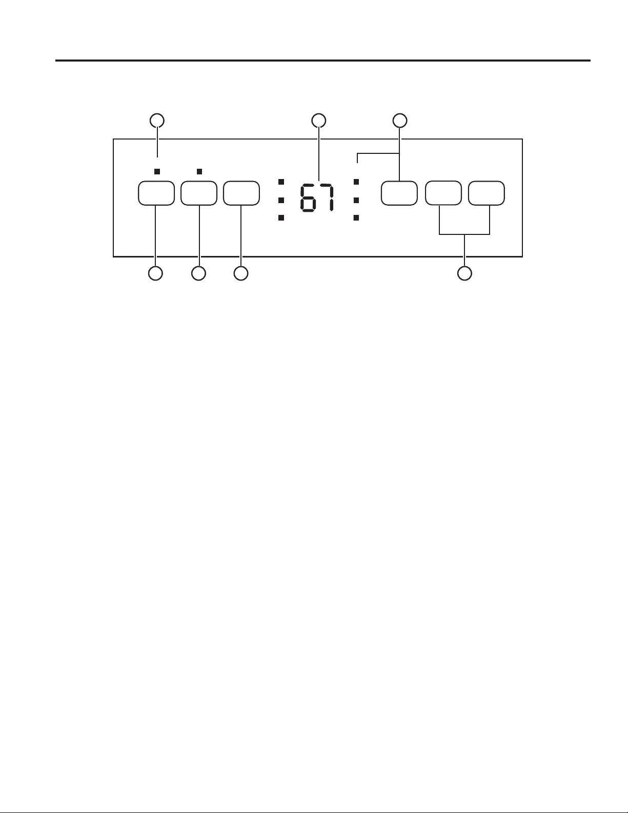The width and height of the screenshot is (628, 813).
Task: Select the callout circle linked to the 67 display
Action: click(x=319, y=121)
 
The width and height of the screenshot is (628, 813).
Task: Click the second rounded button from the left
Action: click(x=199, y=193)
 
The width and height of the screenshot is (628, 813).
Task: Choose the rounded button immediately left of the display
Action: click(x=241, y=193)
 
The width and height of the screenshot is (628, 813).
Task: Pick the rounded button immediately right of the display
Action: click(x=399, y=193)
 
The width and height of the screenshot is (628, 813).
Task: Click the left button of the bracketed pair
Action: click(x=443, y=193)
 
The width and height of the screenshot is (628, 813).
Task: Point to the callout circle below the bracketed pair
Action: click(x=464, y=273)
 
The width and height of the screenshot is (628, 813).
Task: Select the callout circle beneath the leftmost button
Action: click(x=155, y=273)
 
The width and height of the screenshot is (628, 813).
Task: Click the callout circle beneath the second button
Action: click(x=198, y=273)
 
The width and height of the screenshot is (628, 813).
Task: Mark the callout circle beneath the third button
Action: click(x=240, y=273)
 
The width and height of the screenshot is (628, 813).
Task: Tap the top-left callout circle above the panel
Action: click(x=157, y=121)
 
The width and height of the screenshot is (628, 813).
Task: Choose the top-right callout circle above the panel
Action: click(x=400, y=121)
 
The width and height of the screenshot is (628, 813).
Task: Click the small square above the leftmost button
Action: click(x=157, y=171)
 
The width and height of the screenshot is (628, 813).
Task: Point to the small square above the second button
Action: click(x=199, y=171)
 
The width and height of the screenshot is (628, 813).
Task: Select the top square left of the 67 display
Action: click(x=281, y=182)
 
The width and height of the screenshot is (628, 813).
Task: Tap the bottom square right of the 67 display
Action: click(x=356, y=218)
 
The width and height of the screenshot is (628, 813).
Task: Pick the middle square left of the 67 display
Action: click(x=281, y=200)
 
